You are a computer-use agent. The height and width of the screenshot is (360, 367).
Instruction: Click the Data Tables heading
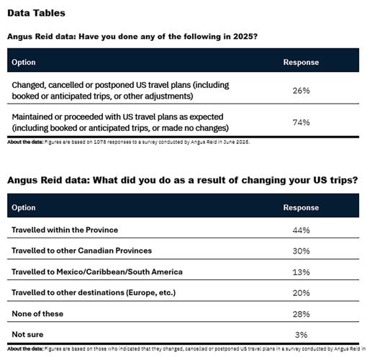click(37, 13)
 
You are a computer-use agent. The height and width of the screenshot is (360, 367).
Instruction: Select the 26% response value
click(301, 91)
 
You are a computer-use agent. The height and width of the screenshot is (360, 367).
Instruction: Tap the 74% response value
click(301, 122)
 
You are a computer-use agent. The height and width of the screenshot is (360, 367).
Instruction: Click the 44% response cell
click(301, 230)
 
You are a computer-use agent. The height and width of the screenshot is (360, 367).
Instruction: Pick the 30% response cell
click(301, 251)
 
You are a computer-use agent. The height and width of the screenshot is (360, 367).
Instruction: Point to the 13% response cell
click(301, 271)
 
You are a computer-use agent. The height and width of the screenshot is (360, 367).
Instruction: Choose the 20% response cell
click(301, 292)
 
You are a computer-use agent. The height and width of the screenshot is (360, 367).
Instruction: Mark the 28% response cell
click(301, 314)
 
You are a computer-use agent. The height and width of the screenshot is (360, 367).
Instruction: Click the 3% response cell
click(301, 335)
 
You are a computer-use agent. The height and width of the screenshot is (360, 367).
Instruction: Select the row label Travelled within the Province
click(65, 230)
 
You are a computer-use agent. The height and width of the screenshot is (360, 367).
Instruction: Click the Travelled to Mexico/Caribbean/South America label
click(96, 271)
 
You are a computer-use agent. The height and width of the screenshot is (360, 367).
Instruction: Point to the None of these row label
click(39, 314)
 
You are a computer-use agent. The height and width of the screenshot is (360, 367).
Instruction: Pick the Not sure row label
click(28, 335)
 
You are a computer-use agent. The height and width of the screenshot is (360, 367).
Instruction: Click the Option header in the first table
click(24, 62)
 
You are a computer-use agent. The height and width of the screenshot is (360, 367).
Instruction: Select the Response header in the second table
click(302, 207)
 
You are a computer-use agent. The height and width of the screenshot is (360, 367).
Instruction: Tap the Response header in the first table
click(302, 62)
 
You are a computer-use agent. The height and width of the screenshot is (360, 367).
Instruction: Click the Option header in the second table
click(24, 207)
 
